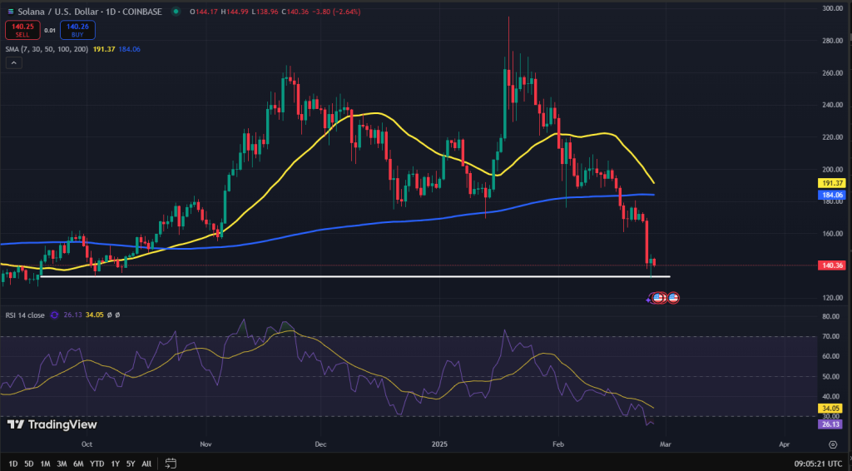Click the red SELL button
[x=22, y=31]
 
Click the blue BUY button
[x=77, y=31]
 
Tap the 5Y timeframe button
[x=131, y=464]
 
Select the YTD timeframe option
[x=97, y=464]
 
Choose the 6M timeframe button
[x=78, y=464]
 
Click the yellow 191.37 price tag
[x=830, y=183]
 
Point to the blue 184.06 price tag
[x=830, y=195]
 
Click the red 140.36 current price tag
[x=830, y=265]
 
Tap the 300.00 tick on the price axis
[x=832, y=8]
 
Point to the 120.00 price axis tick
[x=832, y=298]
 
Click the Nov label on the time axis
[x=206, y=444]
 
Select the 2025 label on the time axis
[x=439, y=444]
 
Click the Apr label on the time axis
[x=784, y=444]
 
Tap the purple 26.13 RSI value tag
[x=830, y=424]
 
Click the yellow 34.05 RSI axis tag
[x=830, y=409]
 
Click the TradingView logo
[x=52, y=425]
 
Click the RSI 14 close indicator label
[x=25, y=315]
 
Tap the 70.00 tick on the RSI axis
[x=832, y=337]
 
